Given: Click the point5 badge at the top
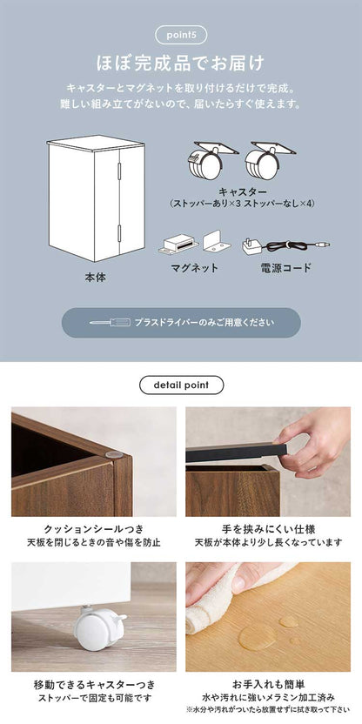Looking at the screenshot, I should [180, 35].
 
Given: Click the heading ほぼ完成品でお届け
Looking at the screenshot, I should [181, 64].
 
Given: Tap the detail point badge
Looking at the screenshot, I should [181, 385].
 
